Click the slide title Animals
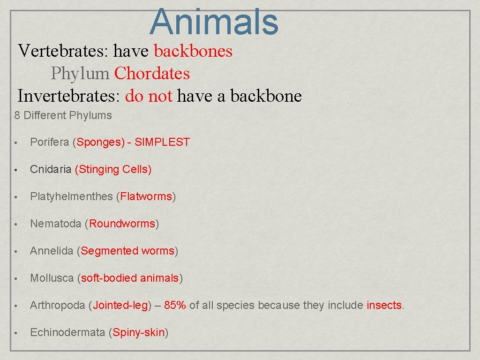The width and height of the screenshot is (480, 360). point(214,22)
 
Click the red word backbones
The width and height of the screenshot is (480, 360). point(193,51)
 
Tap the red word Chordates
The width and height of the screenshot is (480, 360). point(152,74)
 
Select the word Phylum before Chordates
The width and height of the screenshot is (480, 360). point(80,74)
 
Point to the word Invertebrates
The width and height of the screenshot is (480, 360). point(71,96)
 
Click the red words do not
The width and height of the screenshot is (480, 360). point(149,96)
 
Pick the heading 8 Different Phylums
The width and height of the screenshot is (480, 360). point(63,115)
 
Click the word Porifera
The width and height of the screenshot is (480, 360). point(49,142)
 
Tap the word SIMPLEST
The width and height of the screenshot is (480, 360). point(162,142)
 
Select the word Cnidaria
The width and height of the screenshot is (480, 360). point(50,170)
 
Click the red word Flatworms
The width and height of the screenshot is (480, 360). point(146,197)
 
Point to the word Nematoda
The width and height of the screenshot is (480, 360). point(55,224)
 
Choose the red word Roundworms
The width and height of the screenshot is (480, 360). point(122,224)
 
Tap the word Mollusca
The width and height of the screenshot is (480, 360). point(52,278)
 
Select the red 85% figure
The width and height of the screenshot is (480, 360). point(175,306)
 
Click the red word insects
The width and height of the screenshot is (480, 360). point(384,306)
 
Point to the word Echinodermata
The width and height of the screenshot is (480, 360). point(67,333)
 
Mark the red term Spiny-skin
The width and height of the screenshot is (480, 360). point(138,333)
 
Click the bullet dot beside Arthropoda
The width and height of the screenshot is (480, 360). point(16,306)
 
